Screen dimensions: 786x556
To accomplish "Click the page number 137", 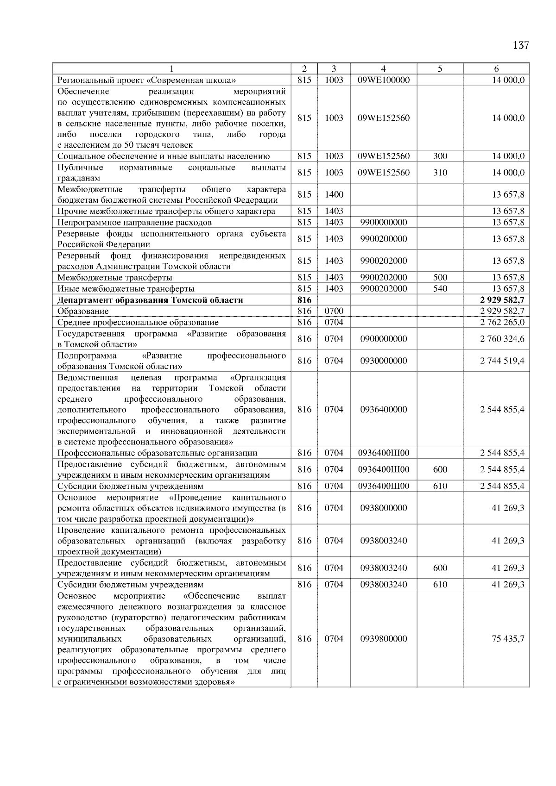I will point(521,45).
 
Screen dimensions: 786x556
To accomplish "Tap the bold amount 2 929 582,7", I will point(502,300).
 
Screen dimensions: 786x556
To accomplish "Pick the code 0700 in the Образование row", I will point(334,311).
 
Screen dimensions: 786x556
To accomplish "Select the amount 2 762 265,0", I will point(502,322).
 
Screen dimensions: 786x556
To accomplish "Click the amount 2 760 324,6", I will point(502,339).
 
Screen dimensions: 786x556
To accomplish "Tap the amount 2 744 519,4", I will point(502,361).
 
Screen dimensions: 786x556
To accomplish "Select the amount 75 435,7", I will point(508,639).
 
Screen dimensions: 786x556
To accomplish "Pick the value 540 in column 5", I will point(440,289).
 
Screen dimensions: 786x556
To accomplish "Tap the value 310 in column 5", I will point(440,173).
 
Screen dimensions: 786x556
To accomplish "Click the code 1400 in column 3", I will point(334,194).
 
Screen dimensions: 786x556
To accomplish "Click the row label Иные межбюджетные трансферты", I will point(126,289).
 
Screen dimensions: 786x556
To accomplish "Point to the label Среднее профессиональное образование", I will point(138,322).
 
